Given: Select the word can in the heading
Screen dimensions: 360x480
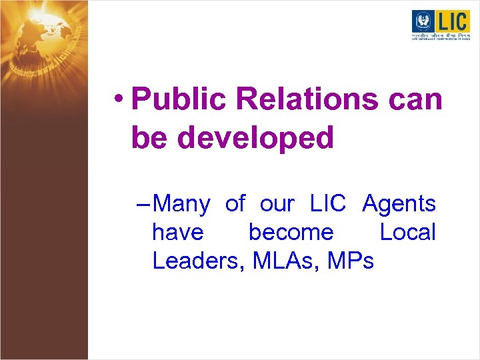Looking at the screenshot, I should [415, 100].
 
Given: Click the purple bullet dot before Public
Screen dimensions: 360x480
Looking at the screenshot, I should [118, 99].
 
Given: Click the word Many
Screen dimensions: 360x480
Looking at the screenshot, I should [185, 204].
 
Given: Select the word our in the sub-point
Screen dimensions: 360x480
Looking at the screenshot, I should [277, 204].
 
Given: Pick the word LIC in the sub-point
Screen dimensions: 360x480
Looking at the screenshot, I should [328, 203].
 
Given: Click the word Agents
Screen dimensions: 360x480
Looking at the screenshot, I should [399, 204].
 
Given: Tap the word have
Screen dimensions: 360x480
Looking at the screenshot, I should [177, 232].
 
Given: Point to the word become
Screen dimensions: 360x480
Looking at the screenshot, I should [291, 232].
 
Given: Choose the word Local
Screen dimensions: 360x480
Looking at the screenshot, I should [407, 232].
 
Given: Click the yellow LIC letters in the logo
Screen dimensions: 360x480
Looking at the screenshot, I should [452, 21].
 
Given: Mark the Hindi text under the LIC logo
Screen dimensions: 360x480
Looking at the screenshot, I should [440, 35].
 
